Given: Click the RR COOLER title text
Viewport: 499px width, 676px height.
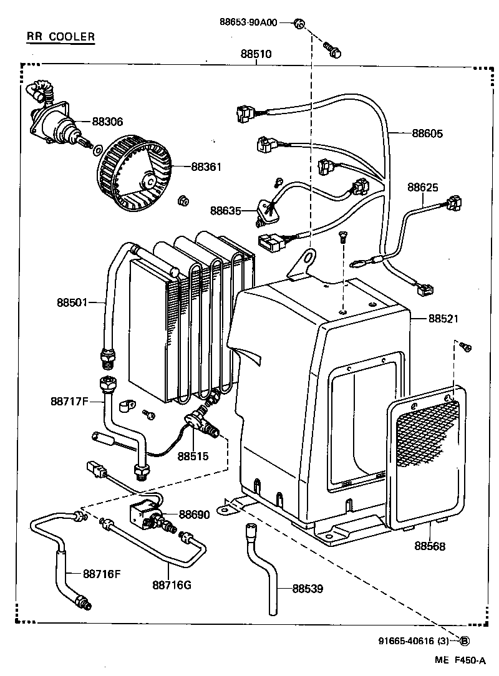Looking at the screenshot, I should point(61,37).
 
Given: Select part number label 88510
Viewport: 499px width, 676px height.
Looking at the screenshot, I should point(256,54).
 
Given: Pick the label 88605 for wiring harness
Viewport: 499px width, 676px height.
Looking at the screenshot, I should point(427,133).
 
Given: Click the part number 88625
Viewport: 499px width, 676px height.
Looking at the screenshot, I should point(424,187).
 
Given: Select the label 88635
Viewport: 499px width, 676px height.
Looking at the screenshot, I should point(225,211).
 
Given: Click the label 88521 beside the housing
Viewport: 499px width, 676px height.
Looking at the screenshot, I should point(443,318).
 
